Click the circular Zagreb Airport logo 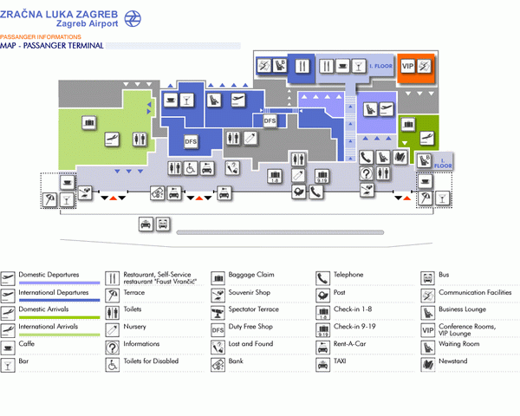pyautogui.click(x=133, y=18)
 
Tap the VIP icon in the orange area pyautogui.click(x=408, y=67)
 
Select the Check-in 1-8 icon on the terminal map pyautogui.click(x=275, y=176)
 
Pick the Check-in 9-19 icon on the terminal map pyautogui.click(x=322, y=176)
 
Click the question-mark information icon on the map pyautogui.click(x=367, y=173)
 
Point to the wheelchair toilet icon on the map pyautogui.click(x=191, y=168)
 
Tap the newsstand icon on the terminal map pyautogui.click(x=400, y=157)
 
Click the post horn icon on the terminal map pyautogui.click(x=299, y=192)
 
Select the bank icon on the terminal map pyautogui.click(x=158, y=192)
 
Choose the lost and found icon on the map pyautogui.click(x=232, y=168)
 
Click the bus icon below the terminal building pyautogui.click(x=163, y=224)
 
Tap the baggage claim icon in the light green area pyautogui.click(x=89, y=122)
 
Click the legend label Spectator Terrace pyautogui.click(x=254, y=309)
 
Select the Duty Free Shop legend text pyautogui.click(x=250, y=327)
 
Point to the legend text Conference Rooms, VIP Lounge pyautogui.click(x=467, y=329)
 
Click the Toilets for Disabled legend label pyautogui.click(x=151, y=361)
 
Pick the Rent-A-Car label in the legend pyautogui.click(x=350, y=344)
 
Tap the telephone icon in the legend pyautogui.click(x=322, y=278)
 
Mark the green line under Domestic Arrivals pyautogui.click(x=59, y=317)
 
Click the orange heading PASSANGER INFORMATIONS pyautogui.click(x=41, y=36)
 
